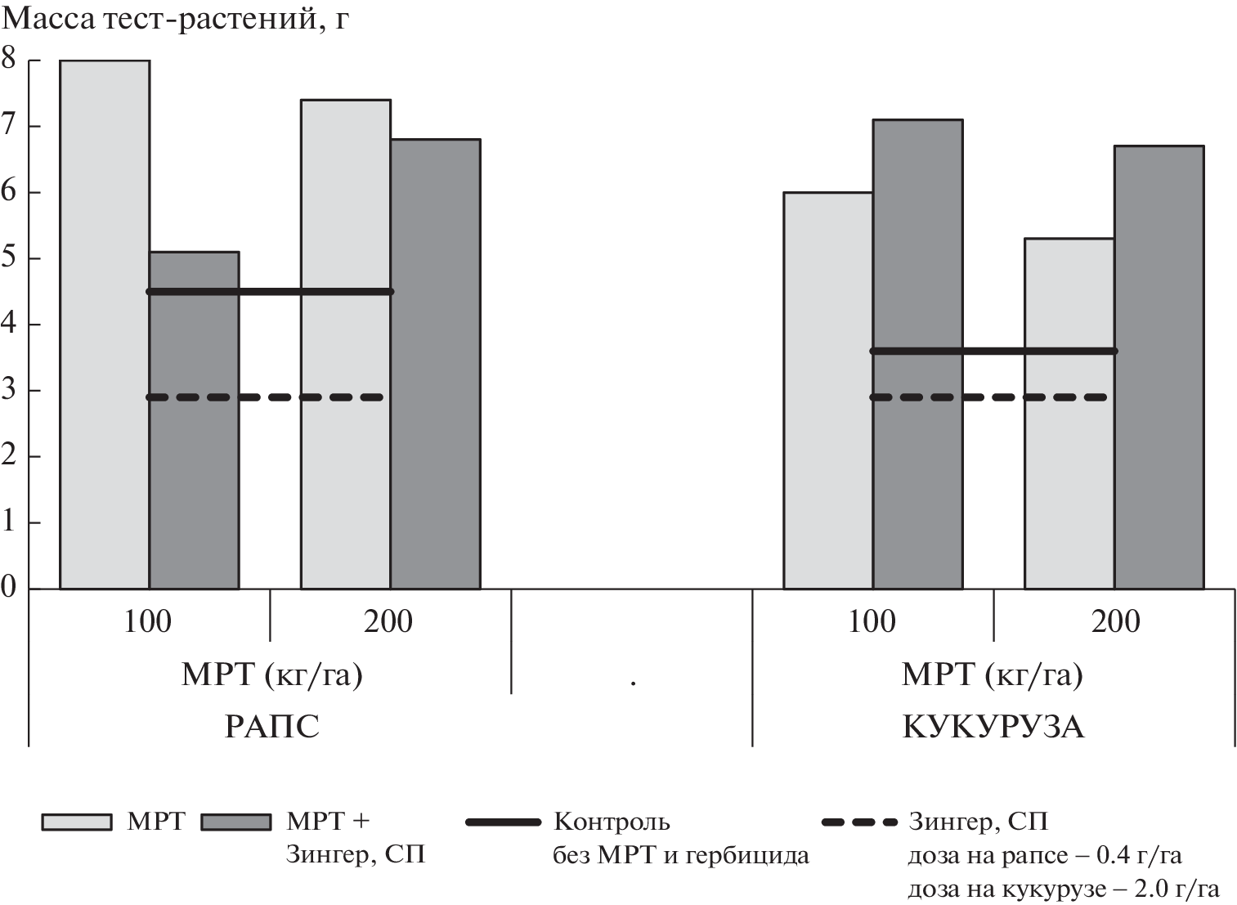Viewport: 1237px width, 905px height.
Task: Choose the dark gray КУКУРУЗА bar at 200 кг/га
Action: pyautogui.click(x=1159, y=367)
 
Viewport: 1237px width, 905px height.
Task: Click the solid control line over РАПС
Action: pyautogui.click(x=270, y=292)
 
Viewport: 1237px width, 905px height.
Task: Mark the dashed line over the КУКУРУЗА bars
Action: pyautogui.click(x=988, y=397)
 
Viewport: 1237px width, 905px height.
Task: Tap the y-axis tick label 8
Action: pyautogui.click(x=9, y=59)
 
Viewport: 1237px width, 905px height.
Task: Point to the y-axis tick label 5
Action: pyautogui.click(x=9, y=258)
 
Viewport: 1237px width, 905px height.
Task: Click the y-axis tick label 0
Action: pyautogui.click(x=9, y=587)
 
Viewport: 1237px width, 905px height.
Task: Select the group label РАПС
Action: pyautogui.click(x=271, y=727)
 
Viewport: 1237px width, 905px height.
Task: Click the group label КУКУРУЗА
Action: pyautogui.click(x=993, y=727)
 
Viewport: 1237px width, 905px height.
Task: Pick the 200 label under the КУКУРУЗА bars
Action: pyautogui.click(x=1115, y=622)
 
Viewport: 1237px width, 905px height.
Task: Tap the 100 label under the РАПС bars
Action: pyautogui.click(x=148, y=622)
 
